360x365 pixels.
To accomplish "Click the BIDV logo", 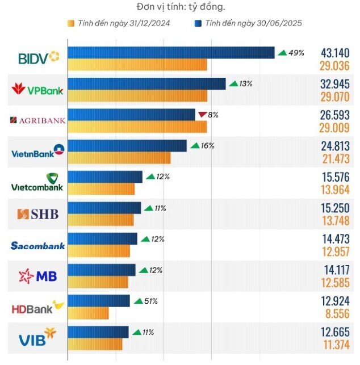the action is point(39,57).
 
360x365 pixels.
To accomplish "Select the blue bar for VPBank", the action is point(146,84).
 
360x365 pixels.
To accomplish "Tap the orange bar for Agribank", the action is point(137,127).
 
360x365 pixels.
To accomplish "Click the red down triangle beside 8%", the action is point(202,115).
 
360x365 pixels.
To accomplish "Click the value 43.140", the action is point(335,53).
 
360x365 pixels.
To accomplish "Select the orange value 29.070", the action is point(335,97).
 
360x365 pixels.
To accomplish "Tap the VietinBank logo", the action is point(38,151).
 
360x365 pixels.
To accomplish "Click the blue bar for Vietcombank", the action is point(105,177).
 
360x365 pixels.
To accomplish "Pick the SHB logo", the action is point(37,214).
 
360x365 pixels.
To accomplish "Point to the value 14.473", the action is point(336,239).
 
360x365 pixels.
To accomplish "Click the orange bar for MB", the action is point(98,282).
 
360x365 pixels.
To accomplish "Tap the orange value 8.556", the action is point(337,313).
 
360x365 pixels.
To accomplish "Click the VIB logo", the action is point(37,337).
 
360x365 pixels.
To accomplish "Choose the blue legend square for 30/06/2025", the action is point(198,23).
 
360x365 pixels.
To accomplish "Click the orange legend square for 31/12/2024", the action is point(71,23).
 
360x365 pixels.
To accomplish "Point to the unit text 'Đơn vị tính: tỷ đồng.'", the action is point(181,7).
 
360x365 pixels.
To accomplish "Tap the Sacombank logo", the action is point(37,246).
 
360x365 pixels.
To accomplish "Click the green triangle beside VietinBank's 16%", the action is point(195,145).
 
